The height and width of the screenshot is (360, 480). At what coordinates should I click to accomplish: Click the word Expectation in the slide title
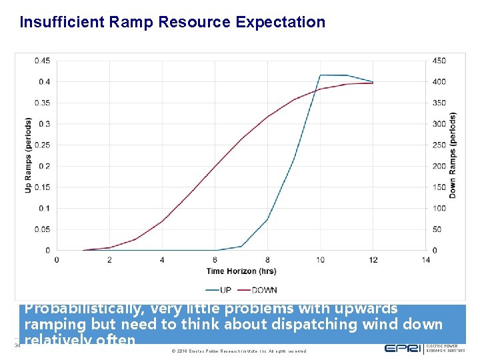tap(280, 22)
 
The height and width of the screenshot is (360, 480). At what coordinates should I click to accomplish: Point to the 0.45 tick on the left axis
tap(41, 61)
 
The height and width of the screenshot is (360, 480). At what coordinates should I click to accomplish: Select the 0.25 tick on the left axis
tap(41, 145)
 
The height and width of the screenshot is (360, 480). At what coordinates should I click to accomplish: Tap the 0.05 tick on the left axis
tap(41, 230)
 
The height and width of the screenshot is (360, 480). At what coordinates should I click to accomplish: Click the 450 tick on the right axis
tap(439, 61)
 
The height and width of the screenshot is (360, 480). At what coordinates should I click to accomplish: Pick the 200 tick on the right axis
tap(439, 166)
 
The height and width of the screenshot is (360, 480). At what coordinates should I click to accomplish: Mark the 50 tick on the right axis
tap(437, 230)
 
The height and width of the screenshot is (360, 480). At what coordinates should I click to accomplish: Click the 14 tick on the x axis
tap(426, 260)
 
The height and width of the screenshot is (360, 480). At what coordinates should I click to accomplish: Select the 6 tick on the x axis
tap(215, 260)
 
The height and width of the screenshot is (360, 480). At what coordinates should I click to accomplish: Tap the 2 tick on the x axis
tap(109, 260)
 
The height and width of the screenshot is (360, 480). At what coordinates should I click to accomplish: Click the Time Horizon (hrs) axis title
tap(241, 271)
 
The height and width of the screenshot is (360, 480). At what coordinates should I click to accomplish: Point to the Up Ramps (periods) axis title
tap(29, 155)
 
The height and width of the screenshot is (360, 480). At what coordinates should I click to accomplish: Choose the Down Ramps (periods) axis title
tap(453, 155)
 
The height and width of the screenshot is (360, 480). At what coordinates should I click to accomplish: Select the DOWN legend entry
tap(258, 290)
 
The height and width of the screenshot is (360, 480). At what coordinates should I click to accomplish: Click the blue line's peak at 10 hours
tap(321, 75)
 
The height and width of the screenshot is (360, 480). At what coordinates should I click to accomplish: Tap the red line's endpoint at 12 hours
tap(373, 83)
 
